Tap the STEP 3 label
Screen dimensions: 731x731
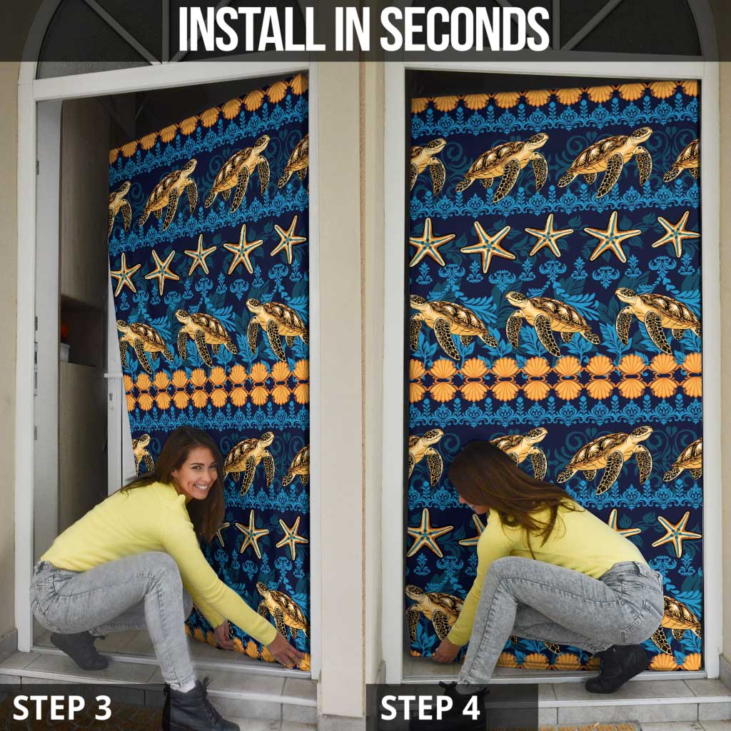pos(62,707)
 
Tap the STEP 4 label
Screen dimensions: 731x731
pos(430,707)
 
